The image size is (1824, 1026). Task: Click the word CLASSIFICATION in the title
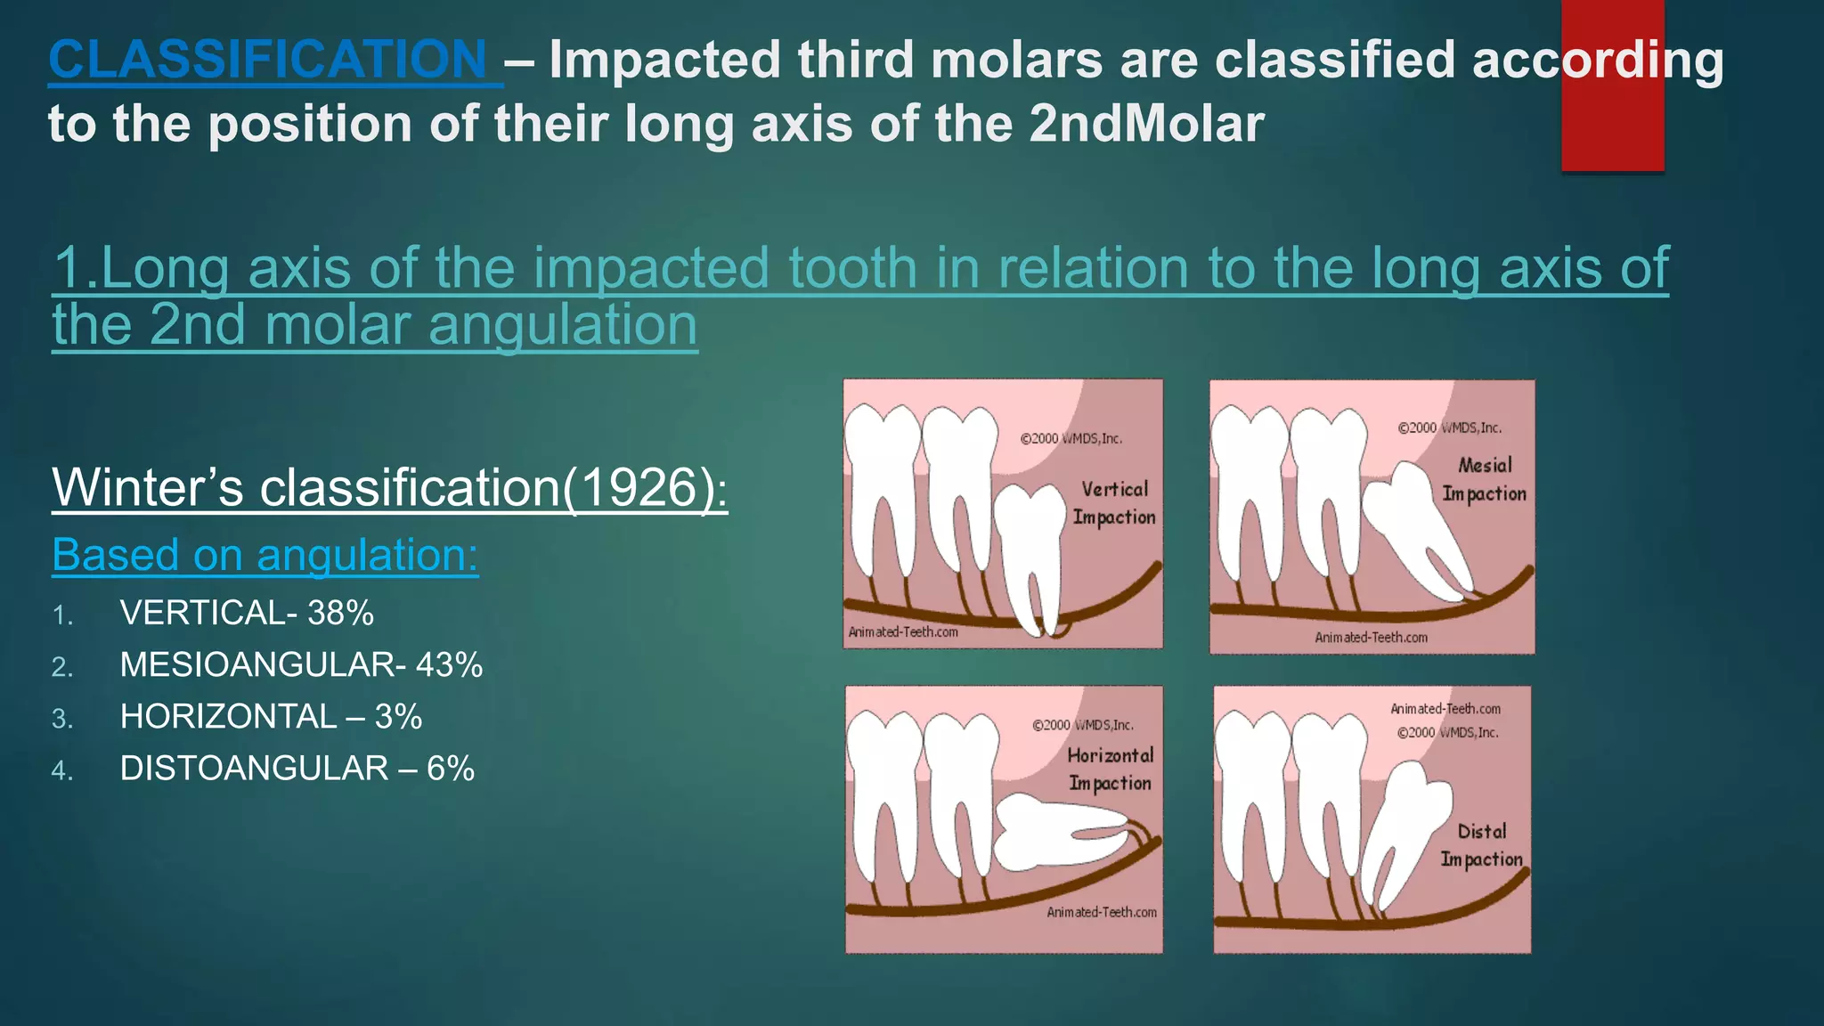(267, 61)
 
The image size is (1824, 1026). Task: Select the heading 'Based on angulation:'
(265, 555)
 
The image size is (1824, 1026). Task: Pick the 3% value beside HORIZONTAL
(398, 716)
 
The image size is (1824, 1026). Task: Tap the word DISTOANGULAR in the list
(254, 768)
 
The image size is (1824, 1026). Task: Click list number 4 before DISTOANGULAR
(61, 770)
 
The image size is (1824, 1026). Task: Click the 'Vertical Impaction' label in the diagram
(1114, 503)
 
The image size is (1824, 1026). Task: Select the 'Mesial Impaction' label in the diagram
(1484, 479)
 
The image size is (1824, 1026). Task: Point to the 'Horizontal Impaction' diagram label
(1110, 769)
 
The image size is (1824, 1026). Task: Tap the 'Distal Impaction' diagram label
(1481, 845)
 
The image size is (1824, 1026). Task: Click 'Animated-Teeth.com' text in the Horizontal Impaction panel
(1102, 912)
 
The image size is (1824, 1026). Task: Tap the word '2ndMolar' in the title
(1146, 123)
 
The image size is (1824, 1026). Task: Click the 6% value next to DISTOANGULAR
(451, 768)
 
